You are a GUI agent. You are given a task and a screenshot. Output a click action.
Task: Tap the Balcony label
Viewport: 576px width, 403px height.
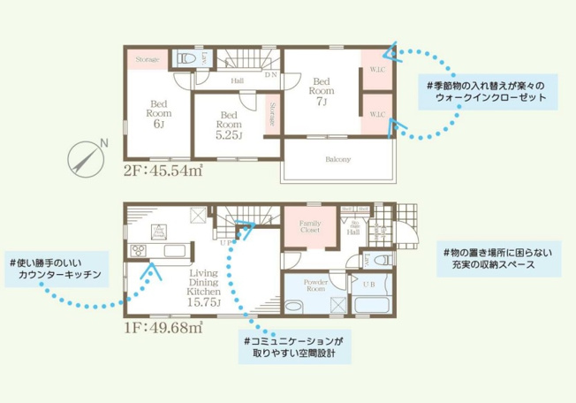(x=337, y=159)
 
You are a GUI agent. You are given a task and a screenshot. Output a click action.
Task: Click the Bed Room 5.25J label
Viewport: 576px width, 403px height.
(x=229, y=125)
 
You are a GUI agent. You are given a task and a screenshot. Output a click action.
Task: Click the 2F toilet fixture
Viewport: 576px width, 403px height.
(x=186, y=59)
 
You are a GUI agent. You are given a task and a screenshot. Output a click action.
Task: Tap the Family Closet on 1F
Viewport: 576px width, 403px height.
(x=310, y=226)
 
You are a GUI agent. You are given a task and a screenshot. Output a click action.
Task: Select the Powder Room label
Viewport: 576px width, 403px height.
(x=315, y=285)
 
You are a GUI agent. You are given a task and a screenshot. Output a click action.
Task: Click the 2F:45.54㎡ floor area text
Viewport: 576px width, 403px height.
(x=163, y=171)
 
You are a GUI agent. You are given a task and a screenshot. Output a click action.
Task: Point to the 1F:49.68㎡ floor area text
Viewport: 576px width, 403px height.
(x=163, y=328)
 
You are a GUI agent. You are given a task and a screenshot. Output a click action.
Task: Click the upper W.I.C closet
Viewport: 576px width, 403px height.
(x=375, y=69)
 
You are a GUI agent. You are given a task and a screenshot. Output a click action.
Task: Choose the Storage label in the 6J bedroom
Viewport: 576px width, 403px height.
(x=148, y=60)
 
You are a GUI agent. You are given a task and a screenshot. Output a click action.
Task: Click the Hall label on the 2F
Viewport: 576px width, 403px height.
(x=238, y=81)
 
